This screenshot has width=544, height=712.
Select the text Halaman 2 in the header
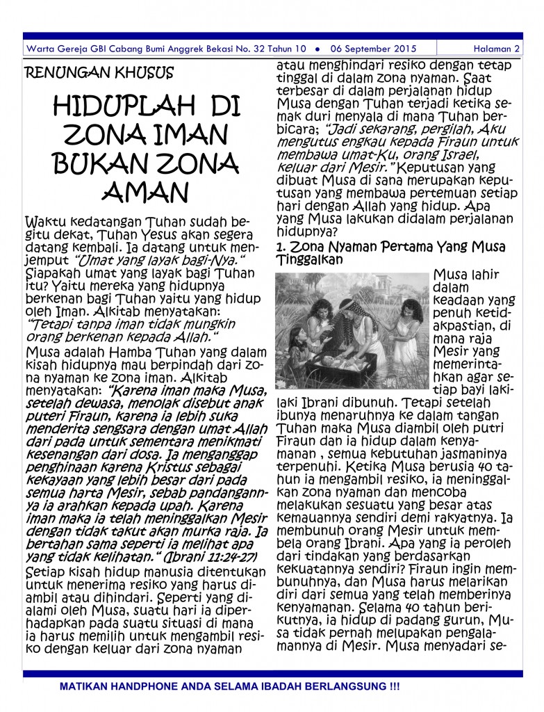(496, 49)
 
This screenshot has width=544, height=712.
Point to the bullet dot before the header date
(317, 49)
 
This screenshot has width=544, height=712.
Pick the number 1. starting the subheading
(281, 247)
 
